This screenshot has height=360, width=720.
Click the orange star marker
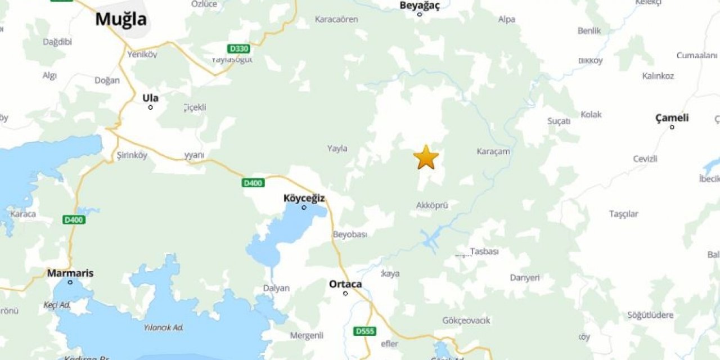(x=426, y=157)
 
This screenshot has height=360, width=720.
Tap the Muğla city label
(x=121, y=19)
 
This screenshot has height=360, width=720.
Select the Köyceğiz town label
(x=304, y=198)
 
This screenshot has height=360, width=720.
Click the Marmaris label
(x=70, y=273)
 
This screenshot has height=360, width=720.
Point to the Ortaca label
(x=345, y=284)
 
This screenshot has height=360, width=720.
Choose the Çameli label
(x=672, y=118)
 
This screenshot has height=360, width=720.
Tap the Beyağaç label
(x=419, y=5)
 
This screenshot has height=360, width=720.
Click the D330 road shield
(x=238, y=49)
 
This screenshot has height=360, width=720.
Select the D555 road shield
(x=364, y=331)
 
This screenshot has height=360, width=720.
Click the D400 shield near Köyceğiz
(x=253, y=183)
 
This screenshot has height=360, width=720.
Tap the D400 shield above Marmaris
(x=74, y=219)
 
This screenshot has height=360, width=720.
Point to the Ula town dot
(x=150, y=107)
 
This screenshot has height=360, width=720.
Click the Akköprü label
(x=432, y=205)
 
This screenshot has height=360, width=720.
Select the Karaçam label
(x=493, y=151)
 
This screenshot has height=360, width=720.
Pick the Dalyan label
(x=276, y=288)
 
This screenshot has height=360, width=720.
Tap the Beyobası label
(x=350, y=234)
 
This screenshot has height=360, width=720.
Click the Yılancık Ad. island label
(x=164, y=327)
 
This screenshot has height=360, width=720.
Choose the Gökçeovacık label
(x=466, y=321)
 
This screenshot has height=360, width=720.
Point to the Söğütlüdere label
(x=650, y=315)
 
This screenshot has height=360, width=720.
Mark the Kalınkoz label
(x=658, y=76)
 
